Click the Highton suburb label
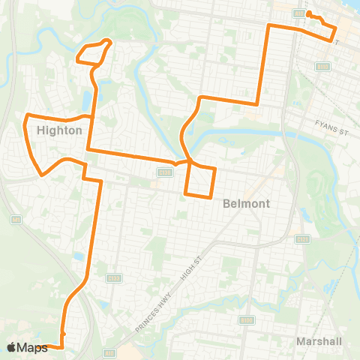(58, 130)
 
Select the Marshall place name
(319, 341)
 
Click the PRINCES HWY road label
(153, 313)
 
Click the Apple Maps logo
(27, 347)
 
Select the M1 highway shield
(16, 219)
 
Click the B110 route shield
(323, 67)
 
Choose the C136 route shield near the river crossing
(163, 172)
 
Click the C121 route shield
(302, 239)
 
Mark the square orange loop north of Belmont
(200, 181)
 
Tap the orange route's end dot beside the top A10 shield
(308, 13)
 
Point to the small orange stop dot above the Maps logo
(63, 334)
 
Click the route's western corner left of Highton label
(27, 116)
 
